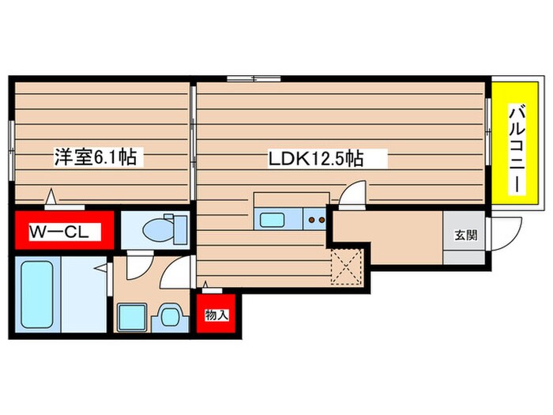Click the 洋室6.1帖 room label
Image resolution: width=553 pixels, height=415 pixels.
click(x=96, y=157)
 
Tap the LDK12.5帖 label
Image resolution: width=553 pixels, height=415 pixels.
click(x=316, y=158)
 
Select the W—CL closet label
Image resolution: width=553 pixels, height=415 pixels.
click(x=59, y=232)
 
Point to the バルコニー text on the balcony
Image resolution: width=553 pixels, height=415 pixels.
click(x=517, y=149)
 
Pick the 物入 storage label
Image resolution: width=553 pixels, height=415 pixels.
click(x=216, y=315)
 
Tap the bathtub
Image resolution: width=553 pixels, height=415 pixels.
click(x=37, y=294)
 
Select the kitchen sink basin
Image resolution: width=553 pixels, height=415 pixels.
click(x=272, y=220)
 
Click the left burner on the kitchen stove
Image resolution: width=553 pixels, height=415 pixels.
click(x=311, y=220)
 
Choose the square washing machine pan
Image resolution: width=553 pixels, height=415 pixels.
click(x=132, y=317)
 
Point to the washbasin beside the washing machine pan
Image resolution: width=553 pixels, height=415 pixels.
click(x=170, y=316)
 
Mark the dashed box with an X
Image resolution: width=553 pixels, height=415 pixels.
click(x=347, y=266)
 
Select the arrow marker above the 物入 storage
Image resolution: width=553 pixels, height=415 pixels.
click(x=205, y=285)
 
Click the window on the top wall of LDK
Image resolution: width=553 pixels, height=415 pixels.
click(x=254, y=79)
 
